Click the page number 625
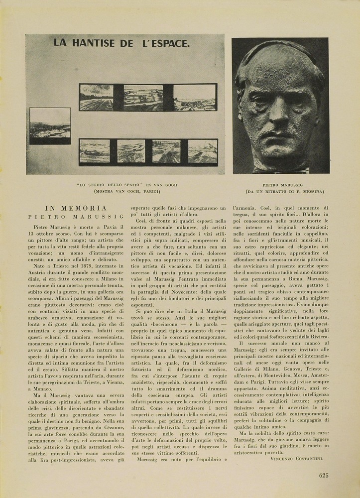tap(324, 475)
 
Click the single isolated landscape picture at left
tap(50, 125)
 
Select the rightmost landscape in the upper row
tap(195, 97)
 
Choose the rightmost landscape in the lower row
tap(203, 151)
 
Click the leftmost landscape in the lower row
tap(95, 151)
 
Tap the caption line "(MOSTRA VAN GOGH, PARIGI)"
tap(127, 191)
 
